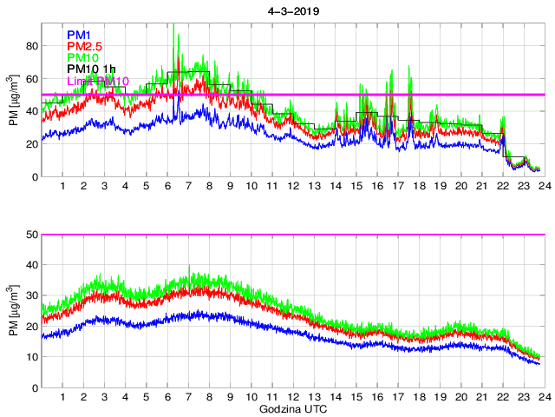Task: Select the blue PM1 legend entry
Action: (80, 36)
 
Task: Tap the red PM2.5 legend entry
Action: (85, 47)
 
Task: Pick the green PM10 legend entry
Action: (83, 58)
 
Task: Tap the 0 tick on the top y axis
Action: (34, 177)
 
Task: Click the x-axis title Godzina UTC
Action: (291, 408)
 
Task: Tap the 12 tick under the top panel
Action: (292, 187)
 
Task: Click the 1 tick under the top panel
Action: (63, 187)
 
